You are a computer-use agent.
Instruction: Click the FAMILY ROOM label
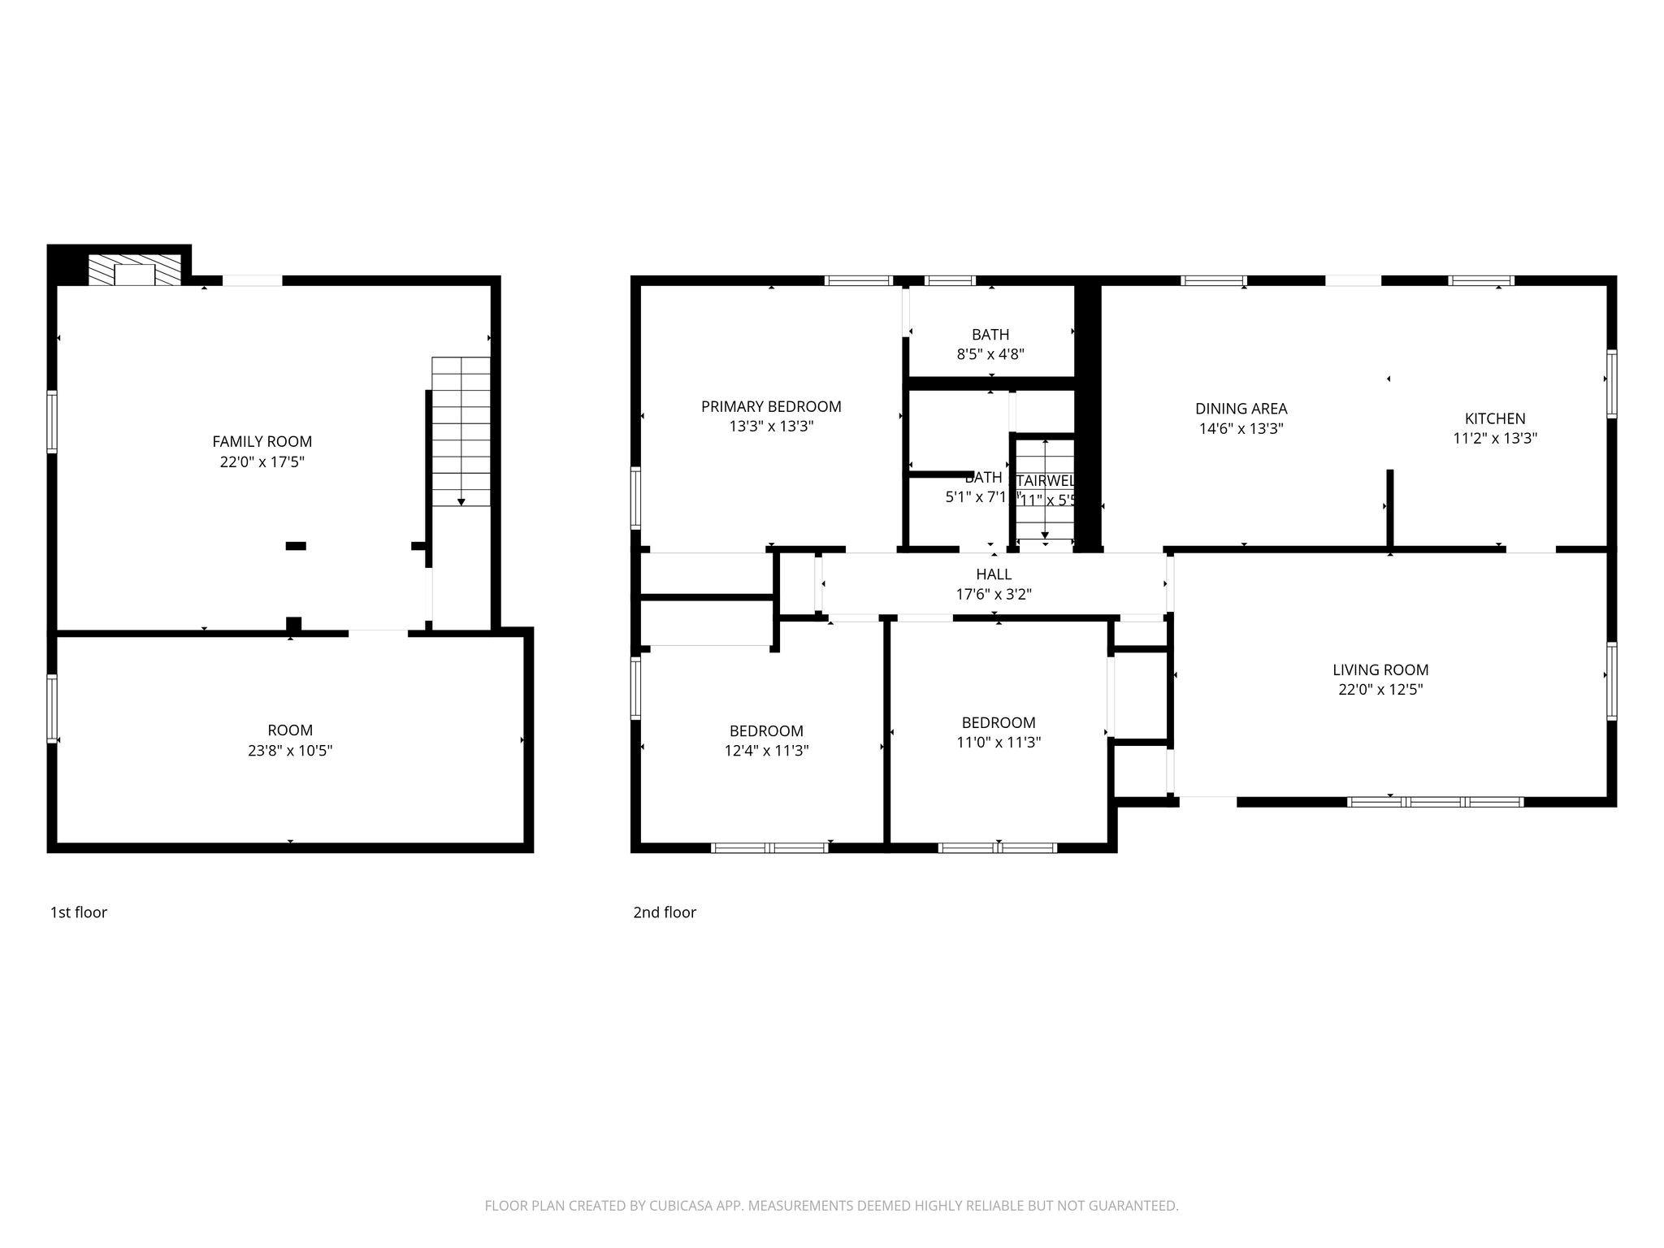pyautogui.click(x=262, y=441)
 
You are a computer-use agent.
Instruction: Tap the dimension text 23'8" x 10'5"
pyautogui.click(x=290, y=750)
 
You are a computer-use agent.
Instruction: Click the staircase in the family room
pyautogui.click(x=461, y=431)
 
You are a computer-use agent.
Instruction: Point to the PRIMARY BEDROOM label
pyautogui.click(x=771, y=406)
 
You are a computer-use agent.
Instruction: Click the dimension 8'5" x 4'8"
pyautogui.click(x=990, y=354)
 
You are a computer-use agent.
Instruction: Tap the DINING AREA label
pyautogui.click(x=1241, y=409)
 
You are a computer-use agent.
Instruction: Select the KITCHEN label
pyautogui.click(x=1495, y=418)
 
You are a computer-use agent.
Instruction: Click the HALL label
pyautogui.click(x=994, y=574)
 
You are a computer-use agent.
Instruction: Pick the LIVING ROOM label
pyautogui.click(x=1380, y=669)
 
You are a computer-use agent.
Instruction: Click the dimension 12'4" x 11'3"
pyautogui.click(x=766, y=751)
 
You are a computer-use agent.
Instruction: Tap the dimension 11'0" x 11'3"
pyautogui.click(x=999, y=742)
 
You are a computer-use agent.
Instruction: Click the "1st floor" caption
pyautogui.click(x=79, y=912)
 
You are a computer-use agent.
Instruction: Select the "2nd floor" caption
pyautogui.click(x=665, y=912)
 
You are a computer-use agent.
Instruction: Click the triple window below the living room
pyautogui.click(x=1435, y=802)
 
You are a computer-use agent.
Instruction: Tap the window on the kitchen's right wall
pyautogui.click(x=1611, y=383)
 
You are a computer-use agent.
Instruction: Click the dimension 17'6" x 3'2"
pyautogui.click(x=994, y=594)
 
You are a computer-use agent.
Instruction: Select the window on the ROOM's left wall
pyautogui.click(x=52, y=708)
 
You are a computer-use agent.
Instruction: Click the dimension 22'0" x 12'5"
pyautogui.click(x=1380, y=690)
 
